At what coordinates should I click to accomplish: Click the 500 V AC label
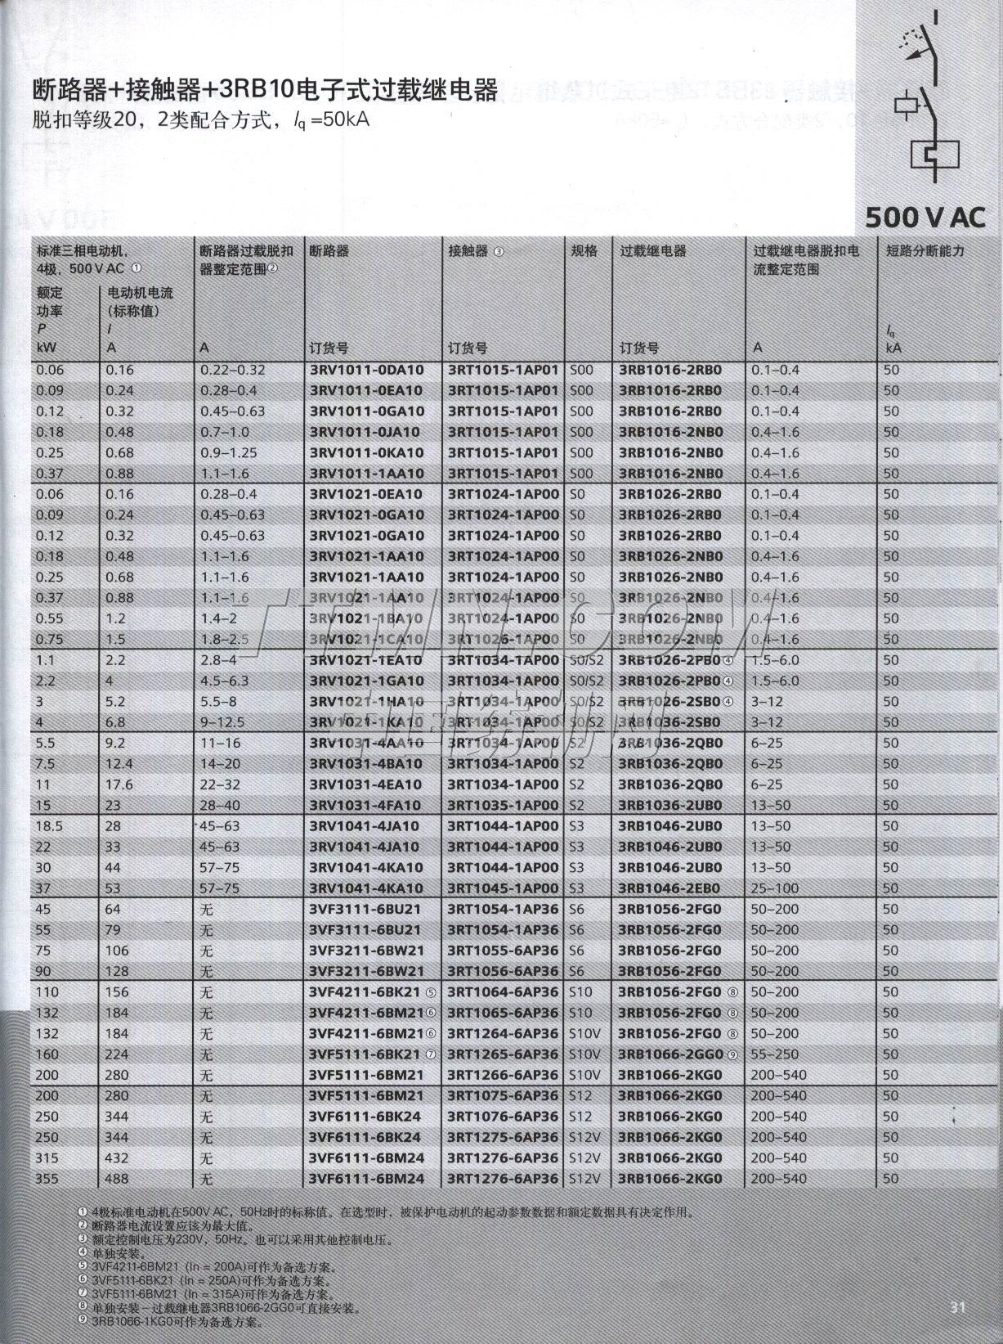(x=925, y=217)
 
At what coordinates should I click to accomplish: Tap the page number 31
(x=957, y=1306)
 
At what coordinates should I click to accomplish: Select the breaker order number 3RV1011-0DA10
(x=366, y=370)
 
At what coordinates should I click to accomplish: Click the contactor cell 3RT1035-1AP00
(x=503, y=805)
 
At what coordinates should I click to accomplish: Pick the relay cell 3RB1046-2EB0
(x=669, y=888)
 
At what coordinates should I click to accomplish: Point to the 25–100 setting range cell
(x=775, y=888)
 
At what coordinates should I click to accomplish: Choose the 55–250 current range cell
(x=775, y=1054)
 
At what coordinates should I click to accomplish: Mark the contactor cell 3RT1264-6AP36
(x=503, y=1033)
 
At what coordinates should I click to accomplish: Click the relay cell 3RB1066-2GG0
(x=669, y=1054)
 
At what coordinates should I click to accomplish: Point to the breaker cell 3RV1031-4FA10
(x=366, y=805)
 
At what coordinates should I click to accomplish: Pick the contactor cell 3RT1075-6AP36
(x=503, y=1096)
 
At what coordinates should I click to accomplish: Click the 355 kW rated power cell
(x=47, y=1179)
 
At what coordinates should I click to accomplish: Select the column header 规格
(x=584, y=251)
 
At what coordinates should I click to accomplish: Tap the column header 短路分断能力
(x=925, y=251)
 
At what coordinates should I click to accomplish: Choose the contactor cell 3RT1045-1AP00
(x=503, y=888)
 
